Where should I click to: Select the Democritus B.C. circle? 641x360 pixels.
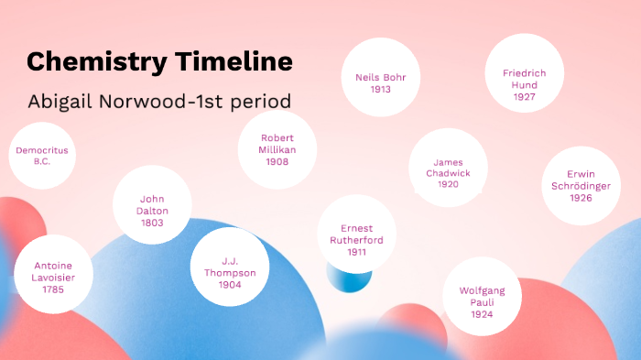[41, 156]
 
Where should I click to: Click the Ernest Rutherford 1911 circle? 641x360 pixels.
[356, 235]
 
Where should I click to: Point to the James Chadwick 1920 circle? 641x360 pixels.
[448, 168]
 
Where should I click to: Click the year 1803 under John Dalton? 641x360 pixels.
[152, 223]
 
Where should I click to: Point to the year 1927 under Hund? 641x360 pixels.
[525, 96]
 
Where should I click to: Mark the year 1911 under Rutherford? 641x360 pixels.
[356, 252]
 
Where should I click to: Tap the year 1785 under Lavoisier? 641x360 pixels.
[53, 289]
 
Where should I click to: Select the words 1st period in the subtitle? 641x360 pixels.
[251, 100]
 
